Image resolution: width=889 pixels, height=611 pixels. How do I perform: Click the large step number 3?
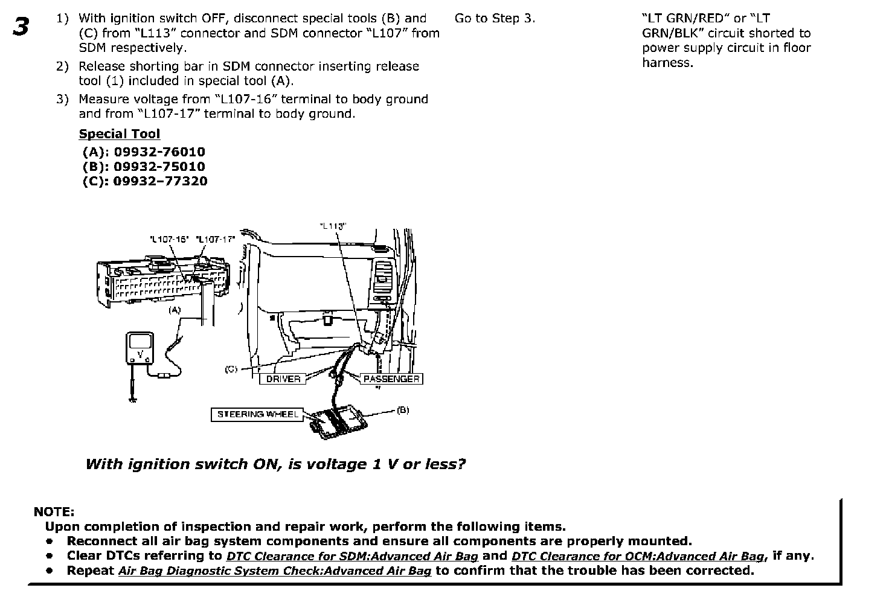tap(21, 27)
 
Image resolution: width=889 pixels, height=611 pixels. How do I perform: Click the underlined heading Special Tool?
tap(120, 134)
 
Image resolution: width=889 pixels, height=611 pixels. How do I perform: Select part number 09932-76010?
tap(159, 152)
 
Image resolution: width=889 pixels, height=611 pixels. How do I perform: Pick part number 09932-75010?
tap(159, 167)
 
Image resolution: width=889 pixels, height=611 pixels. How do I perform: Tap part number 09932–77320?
tap(160, 181)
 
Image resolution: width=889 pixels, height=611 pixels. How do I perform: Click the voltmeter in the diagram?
tap(141, 348)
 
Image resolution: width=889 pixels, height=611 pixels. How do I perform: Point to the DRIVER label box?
tap(283, 379)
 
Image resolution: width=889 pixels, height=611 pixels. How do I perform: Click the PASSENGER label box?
tap(391, 379)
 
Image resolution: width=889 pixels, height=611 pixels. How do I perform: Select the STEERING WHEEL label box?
tap(257, 414)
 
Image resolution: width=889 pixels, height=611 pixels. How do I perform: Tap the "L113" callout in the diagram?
tap(332, 226)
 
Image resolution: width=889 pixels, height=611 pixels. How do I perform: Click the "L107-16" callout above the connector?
tap(169, 239)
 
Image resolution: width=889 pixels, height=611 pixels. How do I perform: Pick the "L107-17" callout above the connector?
tap(216, 239)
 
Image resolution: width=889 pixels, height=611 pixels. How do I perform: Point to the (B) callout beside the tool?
tap(403, 411)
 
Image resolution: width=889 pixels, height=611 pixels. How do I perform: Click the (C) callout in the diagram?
tap(231, 369)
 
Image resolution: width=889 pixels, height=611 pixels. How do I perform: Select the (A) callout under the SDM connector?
tap(175, 310)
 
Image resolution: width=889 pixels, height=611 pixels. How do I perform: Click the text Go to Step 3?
tap(495, 19)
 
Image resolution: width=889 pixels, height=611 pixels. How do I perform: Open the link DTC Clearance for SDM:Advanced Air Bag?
tap(352, 557)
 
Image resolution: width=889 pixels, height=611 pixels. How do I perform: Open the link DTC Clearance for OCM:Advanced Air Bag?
tap(637, 557)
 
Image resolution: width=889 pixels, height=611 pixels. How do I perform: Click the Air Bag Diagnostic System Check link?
tap(275, 571)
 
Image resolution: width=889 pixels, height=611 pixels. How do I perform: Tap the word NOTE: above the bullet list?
tap(54, 512)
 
